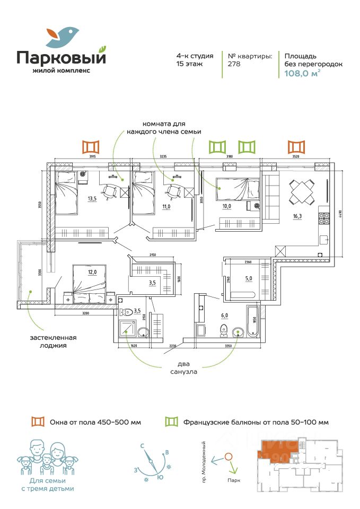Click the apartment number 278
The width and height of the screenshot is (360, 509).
click(234, 64)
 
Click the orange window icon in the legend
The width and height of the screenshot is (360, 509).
click(38, 422)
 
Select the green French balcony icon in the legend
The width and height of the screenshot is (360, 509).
click(172, 422)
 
